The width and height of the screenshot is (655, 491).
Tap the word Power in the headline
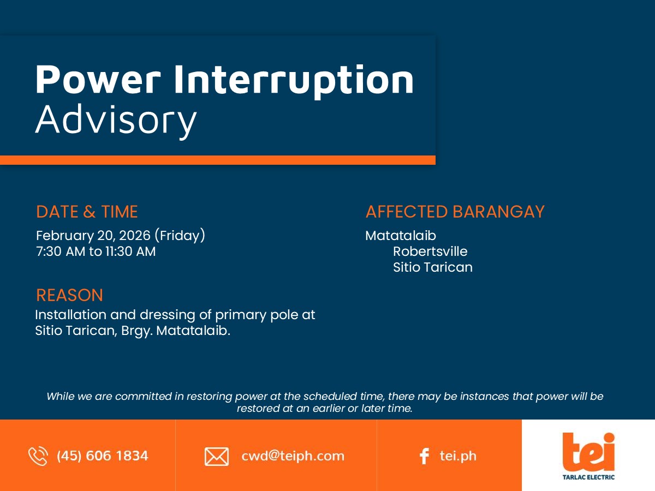coord(98,80)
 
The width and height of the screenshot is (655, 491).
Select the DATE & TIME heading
coord(87,212)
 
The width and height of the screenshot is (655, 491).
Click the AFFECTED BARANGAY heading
coord(455,212)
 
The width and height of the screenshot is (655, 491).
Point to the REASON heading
coord(69,295)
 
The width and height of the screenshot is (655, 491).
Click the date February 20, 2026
coord(93,236)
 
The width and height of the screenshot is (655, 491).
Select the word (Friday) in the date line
coord(180,236)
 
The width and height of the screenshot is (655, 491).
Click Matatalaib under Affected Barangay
coord(401,236)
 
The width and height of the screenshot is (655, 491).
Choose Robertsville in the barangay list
coord(430,252)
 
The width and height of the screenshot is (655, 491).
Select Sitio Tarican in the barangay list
coord(433,267)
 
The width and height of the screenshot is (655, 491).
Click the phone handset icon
coord(38,456)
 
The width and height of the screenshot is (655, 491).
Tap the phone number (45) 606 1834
coord(103,456)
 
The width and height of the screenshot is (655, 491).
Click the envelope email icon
coord(217,457)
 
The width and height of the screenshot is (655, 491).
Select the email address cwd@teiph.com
coord(293,456)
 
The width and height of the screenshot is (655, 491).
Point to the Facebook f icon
coord(424,456)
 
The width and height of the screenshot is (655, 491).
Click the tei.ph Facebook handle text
coord(458,456)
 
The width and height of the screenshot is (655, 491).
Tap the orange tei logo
coord(588,452)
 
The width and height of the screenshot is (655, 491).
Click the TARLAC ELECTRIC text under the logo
coord(588,477)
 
